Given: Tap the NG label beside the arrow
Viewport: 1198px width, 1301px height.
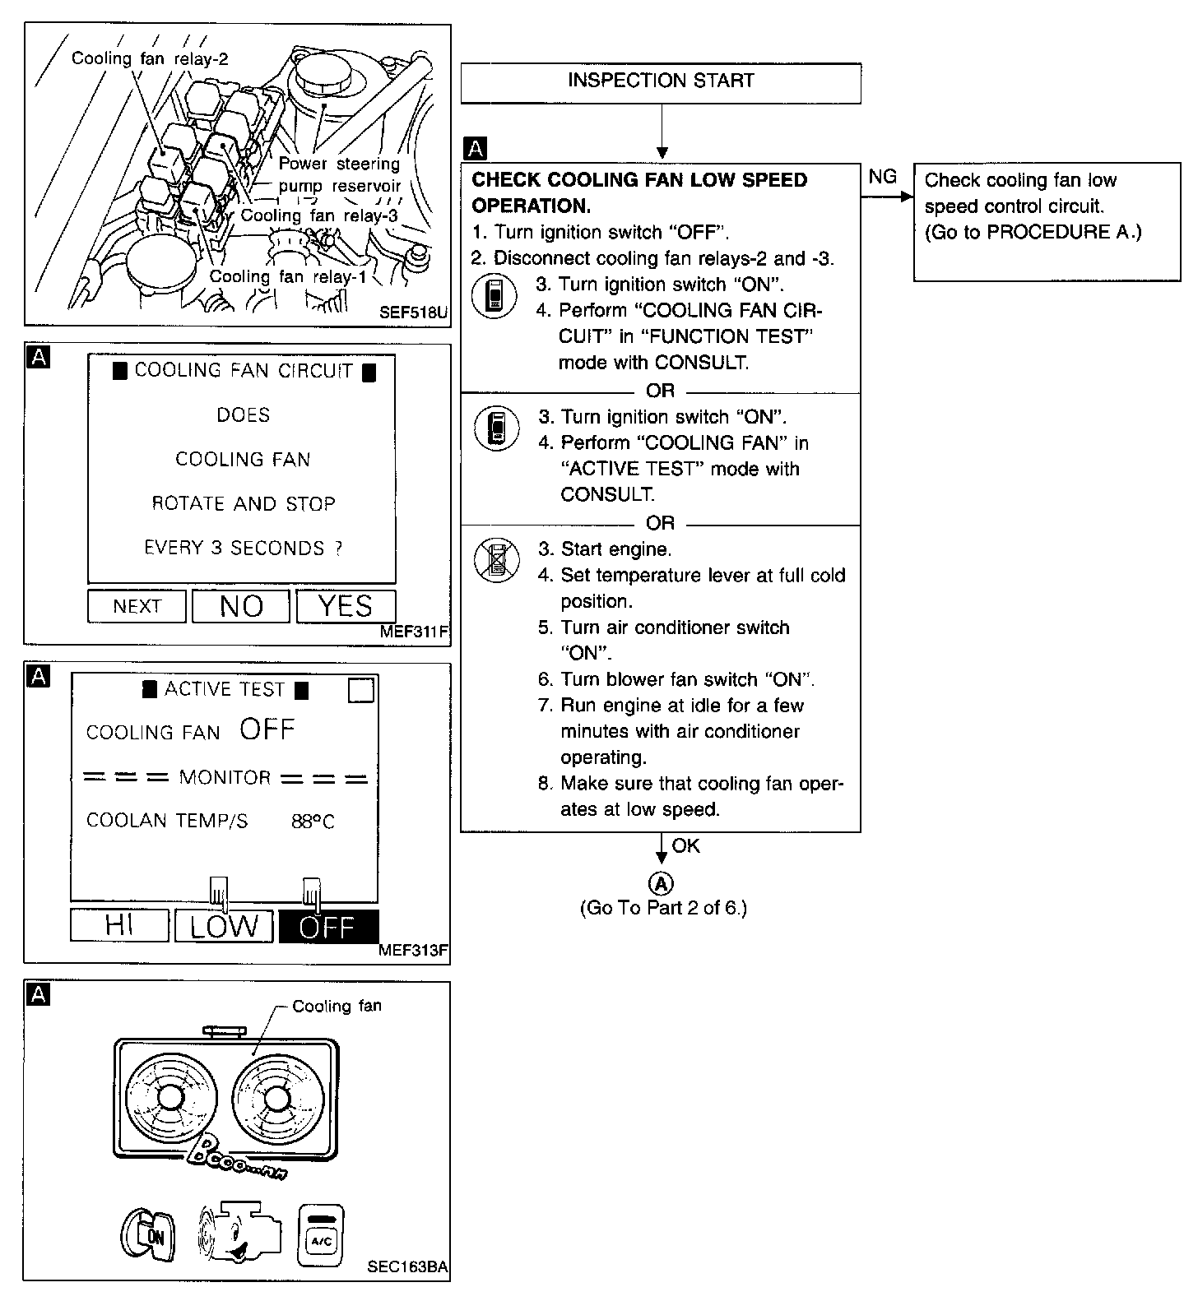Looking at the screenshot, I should [x=882, y=177].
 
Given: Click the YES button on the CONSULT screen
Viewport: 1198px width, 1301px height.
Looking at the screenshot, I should [x=346, y=607].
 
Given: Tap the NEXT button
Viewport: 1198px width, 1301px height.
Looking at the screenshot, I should [x=137, y=607].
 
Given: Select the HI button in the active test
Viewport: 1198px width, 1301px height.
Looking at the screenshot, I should [x=120, y=926].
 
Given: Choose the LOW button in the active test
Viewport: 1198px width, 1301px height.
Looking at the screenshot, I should [x=224, y=926].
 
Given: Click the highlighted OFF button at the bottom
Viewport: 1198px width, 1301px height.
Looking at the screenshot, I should [x=328, y=927].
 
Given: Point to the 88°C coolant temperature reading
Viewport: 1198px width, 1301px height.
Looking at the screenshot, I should [x=313, y=822].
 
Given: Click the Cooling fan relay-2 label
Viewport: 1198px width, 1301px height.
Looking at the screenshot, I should [x=150, y=58].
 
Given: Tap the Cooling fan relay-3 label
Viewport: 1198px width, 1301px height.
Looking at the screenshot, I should [x=319, y=215].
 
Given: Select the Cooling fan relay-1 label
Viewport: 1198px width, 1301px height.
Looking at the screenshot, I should [x=288, y=277].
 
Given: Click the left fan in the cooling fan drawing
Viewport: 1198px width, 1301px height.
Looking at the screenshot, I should [x=170, y=1098].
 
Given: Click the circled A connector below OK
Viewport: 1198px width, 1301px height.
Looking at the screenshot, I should [x=662, y=883].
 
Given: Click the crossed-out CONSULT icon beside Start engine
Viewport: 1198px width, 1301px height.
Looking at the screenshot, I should [x=496, y=560].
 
